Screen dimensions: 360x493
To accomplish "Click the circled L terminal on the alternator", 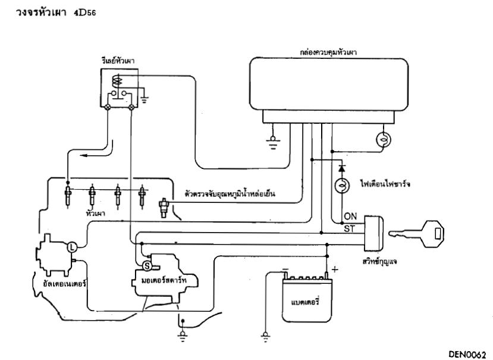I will (70, 245).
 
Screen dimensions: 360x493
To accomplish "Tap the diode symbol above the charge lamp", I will (341, 162).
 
